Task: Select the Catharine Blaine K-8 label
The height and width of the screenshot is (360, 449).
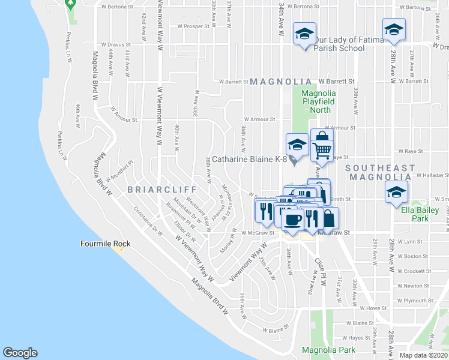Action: (246, 160)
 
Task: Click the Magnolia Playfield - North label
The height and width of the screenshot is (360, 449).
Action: (319, 101)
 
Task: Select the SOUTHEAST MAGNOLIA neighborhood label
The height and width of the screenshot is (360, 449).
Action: (381, 173)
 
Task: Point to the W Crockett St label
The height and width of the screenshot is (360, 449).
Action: (414, 271)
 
